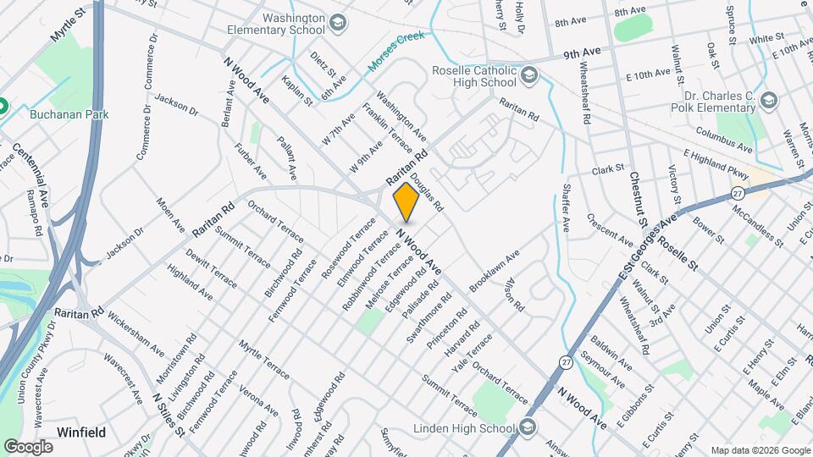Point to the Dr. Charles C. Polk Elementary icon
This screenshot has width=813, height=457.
pyautogui.click(x=768, y=102)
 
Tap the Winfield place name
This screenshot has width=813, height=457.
pyautogui.click(x=81, y=432)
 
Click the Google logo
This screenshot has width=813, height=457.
pyautogui.click(x=29, y=446)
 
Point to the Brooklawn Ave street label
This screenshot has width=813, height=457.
pyautogui.click(x=495, y=273)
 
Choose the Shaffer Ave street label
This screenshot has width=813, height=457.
pyautogui.click(x=567, y=210)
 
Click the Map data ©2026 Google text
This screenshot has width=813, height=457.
pyautogui.click(x=760, y=449)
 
